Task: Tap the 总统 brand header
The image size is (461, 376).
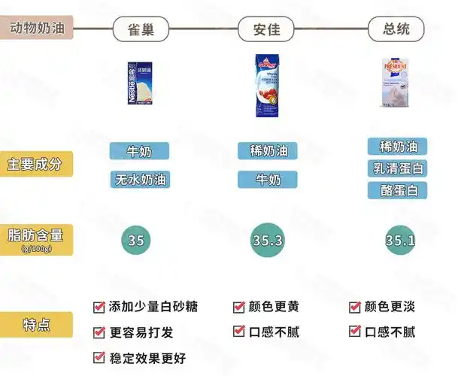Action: pos(396,29)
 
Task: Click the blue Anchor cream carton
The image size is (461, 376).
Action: pos(268,86)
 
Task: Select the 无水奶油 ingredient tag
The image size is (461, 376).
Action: pos(140,180)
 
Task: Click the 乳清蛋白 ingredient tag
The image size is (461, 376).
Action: pos(398,168)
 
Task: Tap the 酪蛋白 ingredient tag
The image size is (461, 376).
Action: pos(398,190)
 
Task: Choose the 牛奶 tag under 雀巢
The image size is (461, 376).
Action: pos(140,151)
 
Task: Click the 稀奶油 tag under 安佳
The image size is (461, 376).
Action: pos(268,150)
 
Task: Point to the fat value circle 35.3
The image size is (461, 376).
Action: pos(268,241)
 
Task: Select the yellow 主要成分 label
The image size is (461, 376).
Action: pos(36,163)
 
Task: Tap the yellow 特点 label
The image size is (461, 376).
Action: pos(36,325)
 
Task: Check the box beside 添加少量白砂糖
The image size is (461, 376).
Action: pos(99,307)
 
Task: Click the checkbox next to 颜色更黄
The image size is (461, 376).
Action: pos(238,307)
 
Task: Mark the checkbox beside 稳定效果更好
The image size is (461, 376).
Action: pos(99,357)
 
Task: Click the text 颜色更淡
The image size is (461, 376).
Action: pos(390,307)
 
